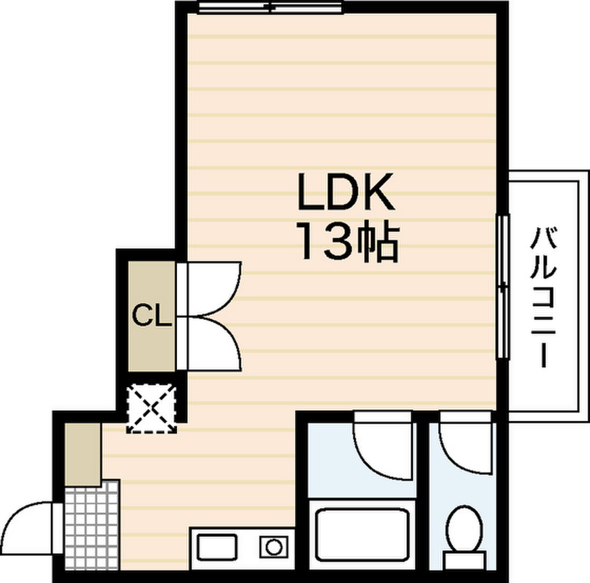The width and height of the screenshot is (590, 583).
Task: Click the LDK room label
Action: tap(346, 192)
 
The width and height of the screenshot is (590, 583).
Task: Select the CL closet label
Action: tap(152, 315)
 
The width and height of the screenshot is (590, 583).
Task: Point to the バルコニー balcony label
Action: tap(543, 297)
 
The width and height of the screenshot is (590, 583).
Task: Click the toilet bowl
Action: tap(464, 528)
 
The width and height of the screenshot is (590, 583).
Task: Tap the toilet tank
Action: tap(464, 561)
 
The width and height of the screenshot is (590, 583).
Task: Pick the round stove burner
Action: tap(273, 547)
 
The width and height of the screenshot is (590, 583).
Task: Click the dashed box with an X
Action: tap(152, 408)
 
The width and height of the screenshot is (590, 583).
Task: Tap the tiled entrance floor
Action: tap(92, 525)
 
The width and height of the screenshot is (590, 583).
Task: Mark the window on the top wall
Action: tap(271, 7)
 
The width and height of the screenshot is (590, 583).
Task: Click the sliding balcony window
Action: tap(502, 287)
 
